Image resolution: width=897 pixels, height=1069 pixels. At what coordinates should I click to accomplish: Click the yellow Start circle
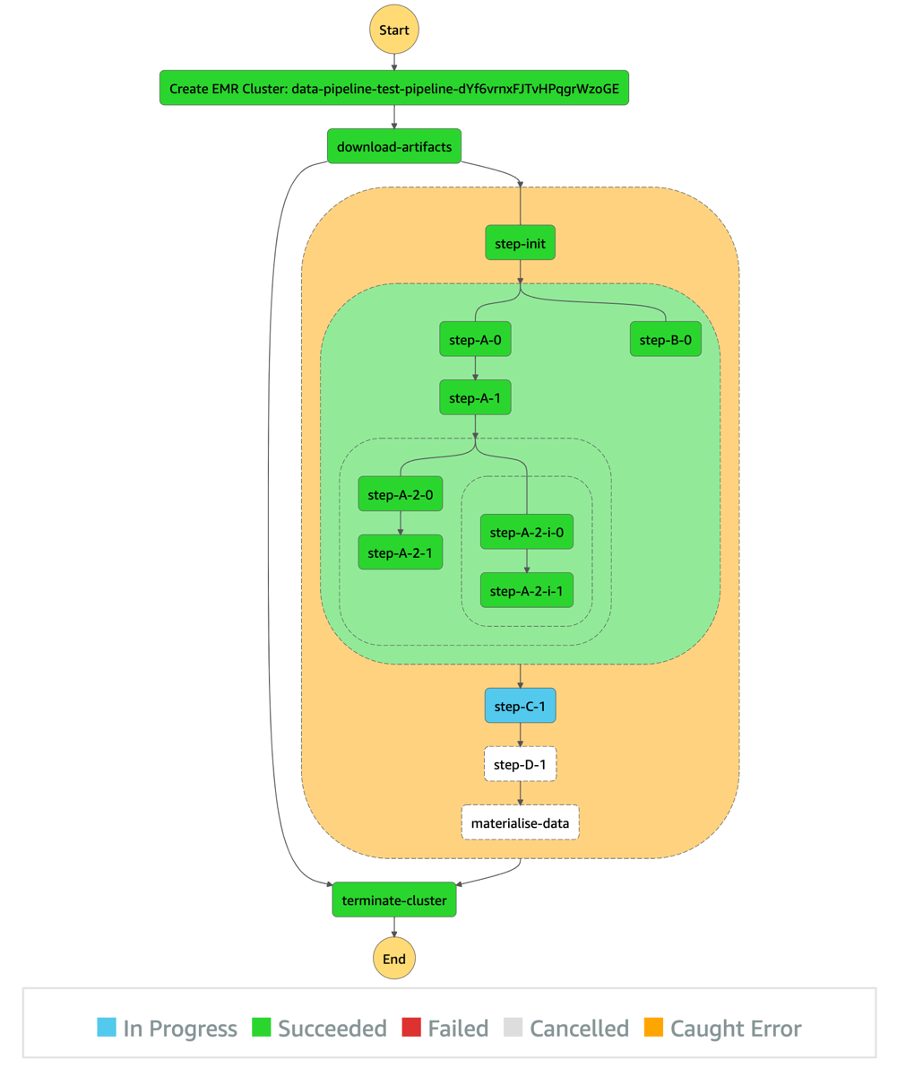394,30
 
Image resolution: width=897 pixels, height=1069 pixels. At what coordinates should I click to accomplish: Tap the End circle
394,959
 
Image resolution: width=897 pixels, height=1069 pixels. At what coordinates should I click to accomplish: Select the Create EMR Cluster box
394,88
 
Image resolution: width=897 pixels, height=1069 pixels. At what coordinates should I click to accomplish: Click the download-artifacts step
394,146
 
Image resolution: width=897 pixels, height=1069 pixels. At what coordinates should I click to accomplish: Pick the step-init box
520,243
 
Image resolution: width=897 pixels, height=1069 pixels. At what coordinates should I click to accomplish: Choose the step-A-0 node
475,340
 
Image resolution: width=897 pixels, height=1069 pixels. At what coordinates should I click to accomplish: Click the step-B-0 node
664,340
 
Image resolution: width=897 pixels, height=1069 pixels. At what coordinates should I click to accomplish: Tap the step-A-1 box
475,397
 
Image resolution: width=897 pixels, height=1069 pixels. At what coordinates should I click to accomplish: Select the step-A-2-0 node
400,494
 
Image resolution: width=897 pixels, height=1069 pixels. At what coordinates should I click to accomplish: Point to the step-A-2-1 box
400,552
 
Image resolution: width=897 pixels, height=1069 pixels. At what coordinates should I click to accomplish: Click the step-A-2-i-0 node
526,532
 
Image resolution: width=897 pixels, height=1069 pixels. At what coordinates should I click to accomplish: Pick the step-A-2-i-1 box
526,590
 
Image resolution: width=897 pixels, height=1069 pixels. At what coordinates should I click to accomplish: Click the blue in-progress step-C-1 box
520,706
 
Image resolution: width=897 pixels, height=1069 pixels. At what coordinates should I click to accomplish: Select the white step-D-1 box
520,764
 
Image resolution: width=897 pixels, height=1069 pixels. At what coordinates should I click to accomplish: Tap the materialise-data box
520,821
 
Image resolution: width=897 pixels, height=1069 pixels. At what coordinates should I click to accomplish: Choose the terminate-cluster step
394,900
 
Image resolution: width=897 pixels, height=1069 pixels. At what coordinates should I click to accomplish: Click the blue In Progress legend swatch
107,1028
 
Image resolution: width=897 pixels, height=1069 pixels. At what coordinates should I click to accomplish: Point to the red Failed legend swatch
412,1028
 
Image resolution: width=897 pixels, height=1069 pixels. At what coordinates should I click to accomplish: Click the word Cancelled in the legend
579,1028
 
